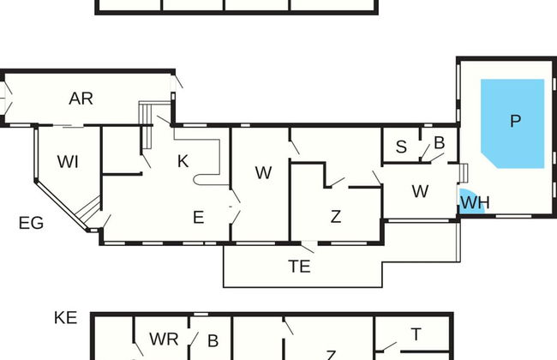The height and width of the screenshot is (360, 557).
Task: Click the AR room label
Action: coord(81,99)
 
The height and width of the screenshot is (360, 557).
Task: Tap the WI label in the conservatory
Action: coord(68,162)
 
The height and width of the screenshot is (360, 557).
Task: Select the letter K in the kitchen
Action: coord(183,161)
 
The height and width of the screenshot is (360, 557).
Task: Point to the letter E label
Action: coord(199,217)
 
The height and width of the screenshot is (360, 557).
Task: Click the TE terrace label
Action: coord(299,267)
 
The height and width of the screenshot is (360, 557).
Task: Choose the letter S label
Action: coord(401,147)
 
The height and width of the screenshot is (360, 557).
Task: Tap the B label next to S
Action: coord(440,143)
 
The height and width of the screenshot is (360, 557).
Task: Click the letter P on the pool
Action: coord(515,121)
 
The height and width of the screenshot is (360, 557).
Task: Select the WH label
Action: coord(475,202)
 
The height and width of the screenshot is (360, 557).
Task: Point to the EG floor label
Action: coord(31,223)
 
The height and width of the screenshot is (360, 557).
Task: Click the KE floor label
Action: coord(66,318)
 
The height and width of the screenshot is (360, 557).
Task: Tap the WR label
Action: coord(164,339)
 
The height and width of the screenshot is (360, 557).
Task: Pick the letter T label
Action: coord(416,334)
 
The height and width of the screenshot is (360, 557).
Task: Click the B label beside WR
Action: coord(213,341)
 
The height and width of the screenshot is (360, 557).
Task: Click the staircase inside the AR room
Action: coord(147,125)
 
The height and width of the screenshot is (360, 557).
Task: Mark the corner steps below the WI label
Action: coord(87,209)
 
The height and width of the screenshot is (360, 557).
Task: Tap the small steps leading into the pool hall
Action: coord(464,173)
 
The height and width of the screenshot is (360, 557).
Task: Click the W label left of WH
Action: coord(420,191)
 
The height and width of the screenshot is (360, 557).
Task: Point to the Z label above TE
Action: coord(336,217)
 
